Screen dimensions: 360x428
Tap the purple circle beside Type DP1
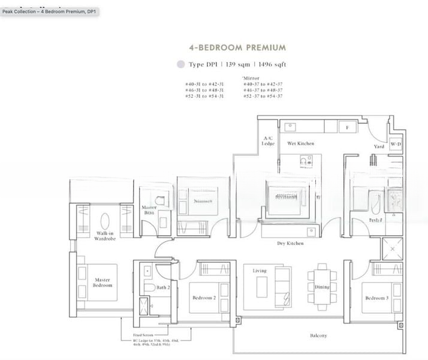pyautogui.click(x=180, y=64)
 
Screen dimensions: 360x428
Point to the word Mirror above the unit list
pyautogui.click(x=248, y=78)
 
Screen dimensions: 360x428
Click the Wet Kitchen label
pyautogui.click(x=300, y=144)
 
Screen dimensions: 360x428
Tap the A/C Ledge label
pyautogui.click(x=268, y=141)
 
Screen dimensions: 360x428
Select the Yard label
pyautogui.click(x=379, y=146)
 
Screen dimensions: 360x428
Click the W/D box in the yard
pyautogui.click(x=396, y=145)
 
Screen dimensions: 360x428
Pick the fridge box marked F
pyautogui.click(x=347, y=127)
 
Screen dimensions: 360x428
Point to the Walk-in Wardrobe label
pyautogui.click(x=104, y=236)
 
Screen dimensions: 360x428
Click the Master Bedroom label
pyautogui.click(x=103, y=283)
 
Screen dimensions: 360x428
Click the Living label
pyautogui.click(x=259, y=271)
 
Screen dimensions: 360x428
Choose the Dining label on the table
pyautogui.click(x=322, y=287)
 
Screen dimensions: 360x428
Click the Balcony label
pyautogui.click(x=318, y=335)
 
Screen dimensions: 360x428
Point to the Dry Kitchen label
pyautogui.click(x=290, y=244)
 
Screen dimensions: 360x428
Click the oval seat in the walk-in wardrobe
pyautogui.click(x=104, y=220)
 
